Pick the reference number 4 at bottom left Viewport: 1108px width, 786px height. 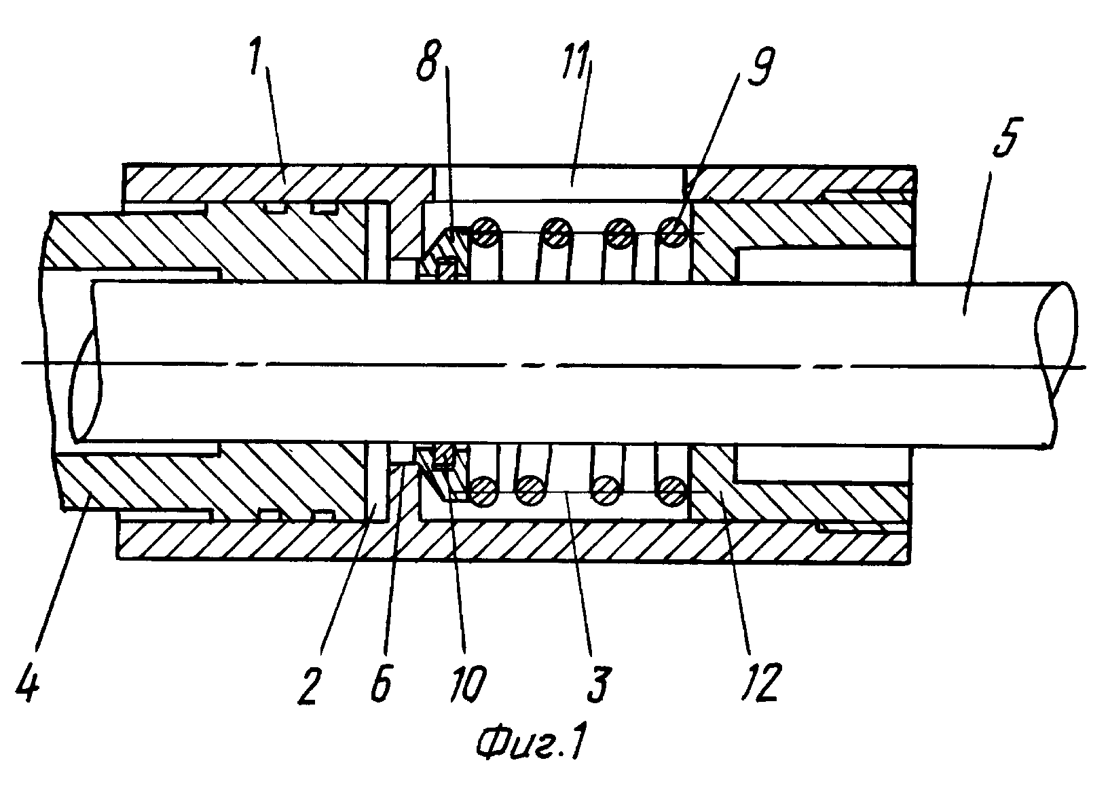27,681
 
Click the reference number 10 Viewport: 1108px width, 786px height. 468,683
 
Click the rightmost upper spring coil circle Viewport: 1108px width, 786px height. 673,231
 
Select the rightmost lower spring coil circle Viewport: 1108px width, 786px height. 671,490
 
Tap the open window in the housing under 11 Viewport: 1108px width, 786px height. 559,183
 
